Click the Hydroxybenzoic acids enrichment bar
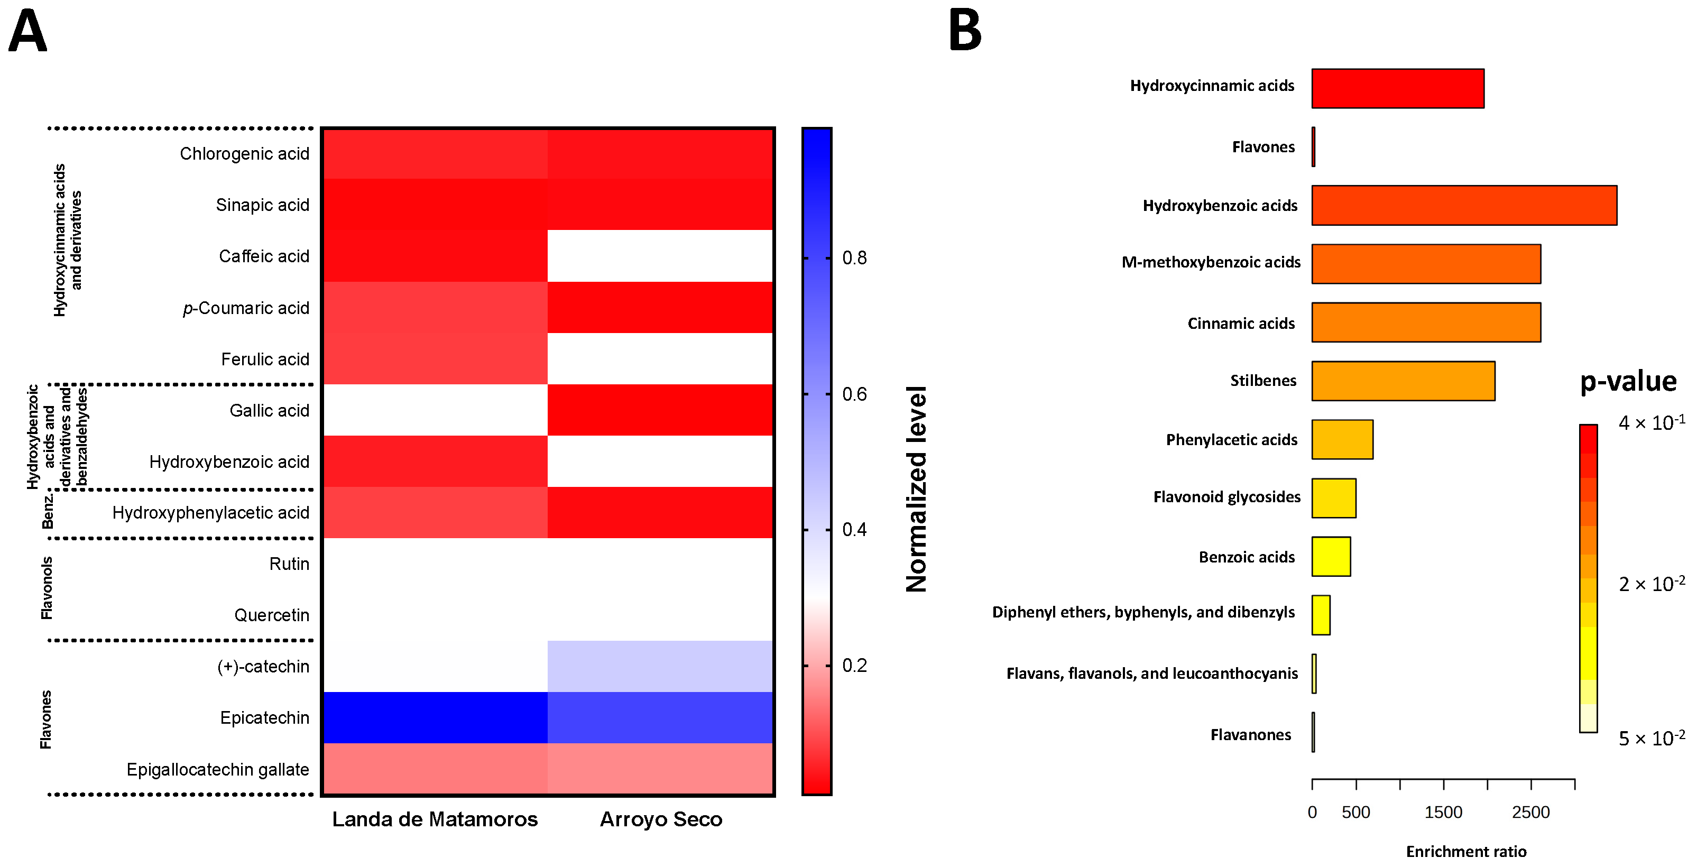tap(1464, 206)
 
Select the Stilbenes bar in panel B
tap(1403, 381)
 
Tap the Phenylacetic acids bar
tap(1342, 439)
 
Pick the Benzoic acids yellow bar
tap(1331, 557)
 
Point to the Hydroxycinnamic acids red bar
tap(1397, 88)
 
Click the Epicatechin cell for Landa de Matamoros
tap(435, 717)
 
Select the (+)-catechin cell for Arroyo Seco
tap(660, 666)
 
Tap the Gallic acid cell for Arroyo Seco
tap(660, 410)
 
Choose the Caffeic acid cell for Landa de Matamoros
tap(435, 256)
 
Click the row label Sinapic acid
tap(262, 205)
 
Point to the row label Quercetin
tap(271, 615)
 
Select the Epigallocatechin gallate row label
tap(217, 770)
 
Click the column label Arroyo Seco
tap(661, 819)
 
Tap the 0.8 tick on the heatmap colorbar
tap(854, 257)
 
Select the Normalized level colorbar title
tap(916, 489)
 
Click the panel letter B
tap(965, 31)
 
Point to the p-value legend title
tap(1628, 382)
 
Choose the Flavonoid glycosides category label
tap(1226, 497)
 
